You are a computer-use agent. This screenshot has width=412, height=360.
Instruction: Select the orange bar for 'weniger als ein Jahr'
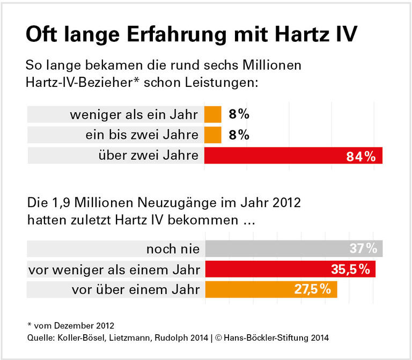click(x=212, y=114)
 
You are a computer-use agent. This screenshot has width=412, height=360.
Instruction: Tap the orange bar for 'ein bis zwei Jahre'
click(x=212, y=135)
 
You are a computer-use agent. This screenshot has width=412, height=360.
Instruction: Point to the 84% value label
click(x=360, y=156)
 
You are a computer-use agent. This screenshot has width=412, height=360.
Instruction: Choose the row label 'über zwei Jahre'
click(x=148, y=156)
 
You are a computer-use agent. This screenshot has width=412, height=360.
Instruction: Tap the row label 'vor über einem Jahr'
click(x=135, y=290)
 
